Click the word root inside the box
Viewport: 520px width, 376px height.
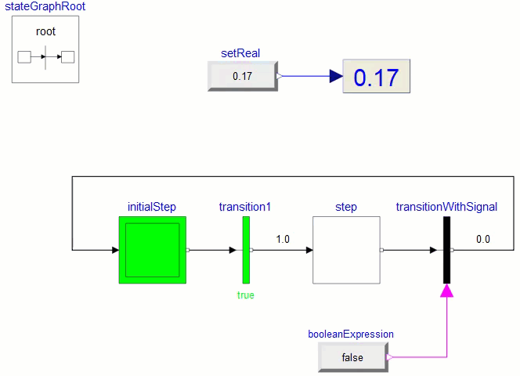pos(45,32)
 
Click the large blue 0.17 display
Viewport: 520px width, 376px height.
pos(376,77)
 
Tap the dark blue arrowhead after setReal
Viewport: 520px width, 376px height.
pos(335,76)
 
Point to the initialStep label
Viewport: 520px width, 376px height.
pos(152,207)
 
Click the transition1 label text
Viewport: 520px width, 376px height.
pos(245,207)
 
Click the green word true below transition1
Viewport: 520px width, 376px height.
pos(246,295)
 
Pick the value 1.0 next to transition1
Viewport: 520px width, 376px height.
pos(283,239)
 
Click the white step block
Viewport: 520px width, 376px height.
pos(346,251)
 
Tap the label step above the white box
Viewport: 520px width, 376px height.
pos(346,207)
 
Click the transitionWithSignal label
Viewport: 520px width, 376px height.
pos(446,207)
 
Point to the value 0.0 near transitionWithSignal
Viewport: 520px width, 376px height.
pos(482,239)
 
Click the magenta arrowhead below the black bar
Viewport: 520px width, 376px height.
pos(447,291)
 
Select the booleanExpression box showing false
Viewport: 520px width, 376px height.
pos(352,357)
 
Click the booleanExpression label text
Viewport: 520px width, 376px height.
pos(351,334)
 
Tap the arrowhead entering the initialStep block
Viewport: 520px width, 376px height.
pos(114,251)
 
